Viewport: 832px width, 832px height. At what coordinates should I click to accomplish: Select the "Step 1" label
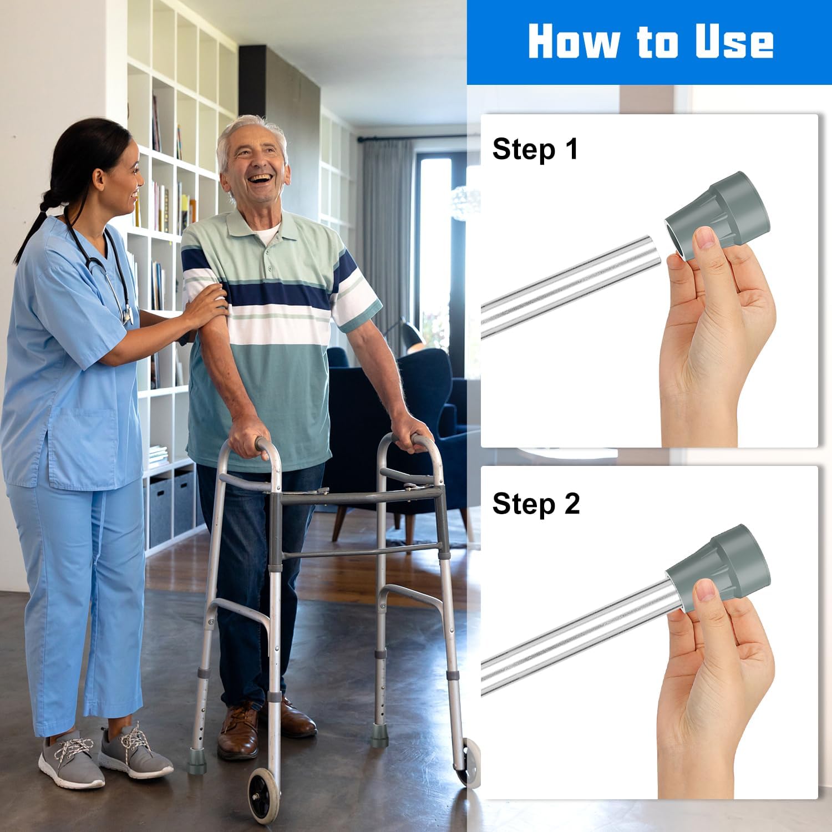[x=535, y=150]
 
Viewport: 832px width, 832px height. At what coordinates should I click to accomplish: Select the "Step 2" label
[x=536, y=504]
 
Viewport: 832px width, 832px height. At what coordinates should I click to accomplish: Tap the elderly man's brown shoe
[x=239, y=730]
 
